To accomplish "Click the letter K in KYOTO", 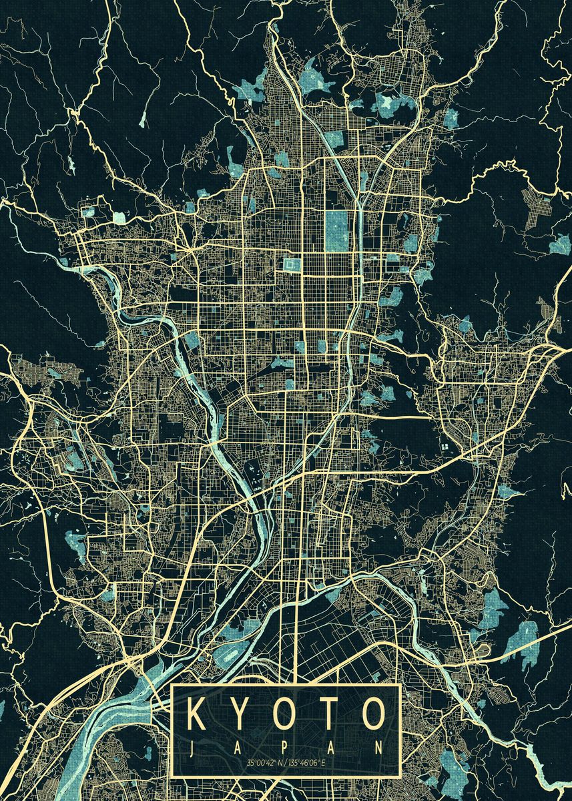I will [x=200, y=714].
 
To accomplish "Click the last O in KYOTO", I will [x=374, y=714].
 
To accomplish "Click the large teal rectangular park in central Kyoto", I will [x=337, y=231].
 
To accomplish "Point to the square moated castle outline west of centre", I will [x=292, y=266].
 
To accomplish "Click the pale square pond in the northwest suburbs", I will [x=118, y=217].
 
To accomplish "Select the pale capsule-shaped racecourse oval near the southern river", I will [x=229, y=657].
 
